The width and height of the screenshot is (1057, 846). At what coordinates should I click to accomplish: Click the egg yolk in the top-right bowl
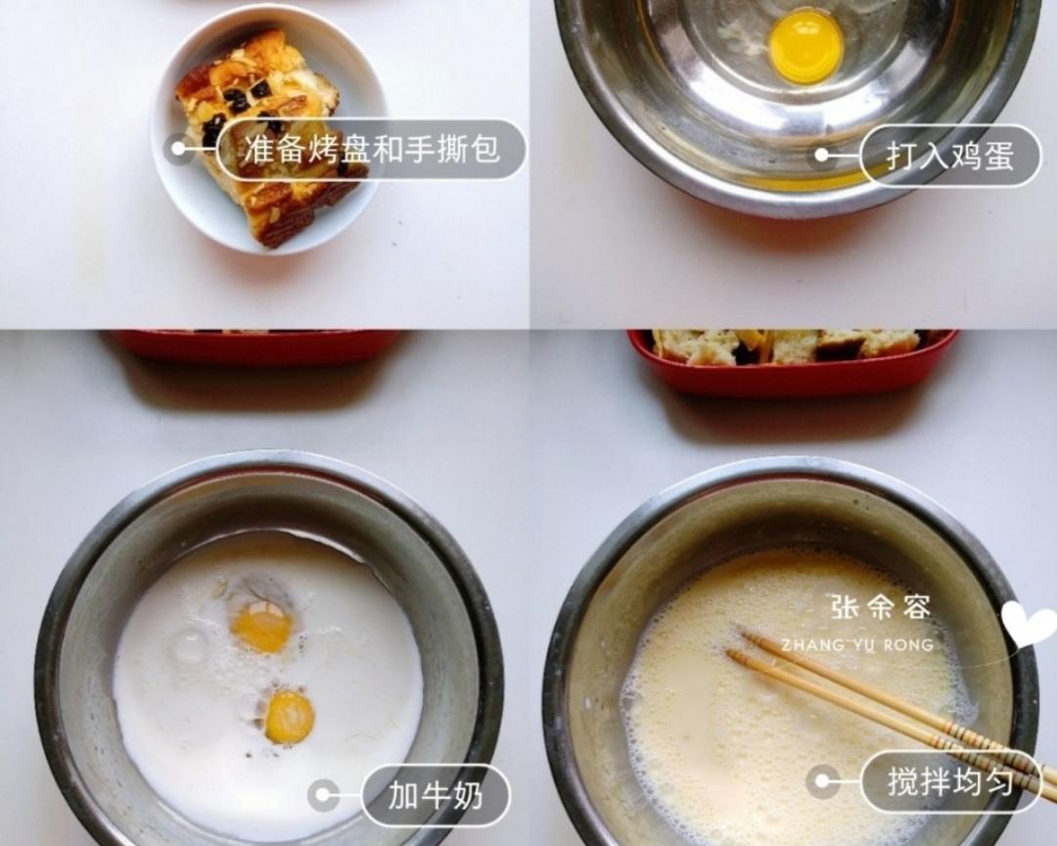(805, 46)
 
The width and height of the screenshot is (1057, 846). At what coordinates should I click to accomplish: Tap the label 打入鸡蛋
(950, 156)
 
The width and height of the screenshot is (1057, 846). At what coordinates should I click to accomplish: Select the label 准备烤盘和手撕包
(371, 150)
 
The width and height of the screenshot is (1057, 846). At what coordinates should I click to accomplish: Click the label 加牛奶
(436, 795)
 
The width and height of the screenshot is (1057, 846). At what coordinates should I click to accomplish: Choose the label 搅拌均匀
(950, 781)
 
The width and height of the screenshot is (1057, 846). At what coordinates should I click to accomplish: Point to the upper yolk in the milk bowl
(262, 627)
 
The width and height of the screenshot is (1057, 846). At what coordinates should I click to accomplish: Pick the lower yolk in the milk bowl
(290, 718)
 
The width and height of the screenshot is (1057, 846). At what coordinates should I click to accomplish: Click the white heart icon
(1029, 624)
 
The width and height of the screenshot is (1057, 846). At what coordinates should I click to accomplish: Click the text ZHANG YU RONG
(856, 645)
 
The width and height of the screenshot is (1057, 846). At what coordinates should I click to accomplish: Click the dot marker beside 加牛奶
(322, 795)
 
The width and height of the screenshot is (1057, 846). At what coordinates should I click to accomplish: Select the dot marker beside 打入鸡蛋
(822, 155)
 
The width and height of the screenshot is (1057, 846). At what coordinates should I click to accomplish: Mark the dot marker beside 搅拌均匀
(822, 780)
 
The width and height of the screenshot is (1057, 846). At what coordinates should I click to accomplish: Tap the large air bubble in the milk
(189, 645)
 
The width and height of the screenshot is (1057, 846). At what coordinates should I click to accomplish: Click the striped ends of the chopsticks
(1018, 764)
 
